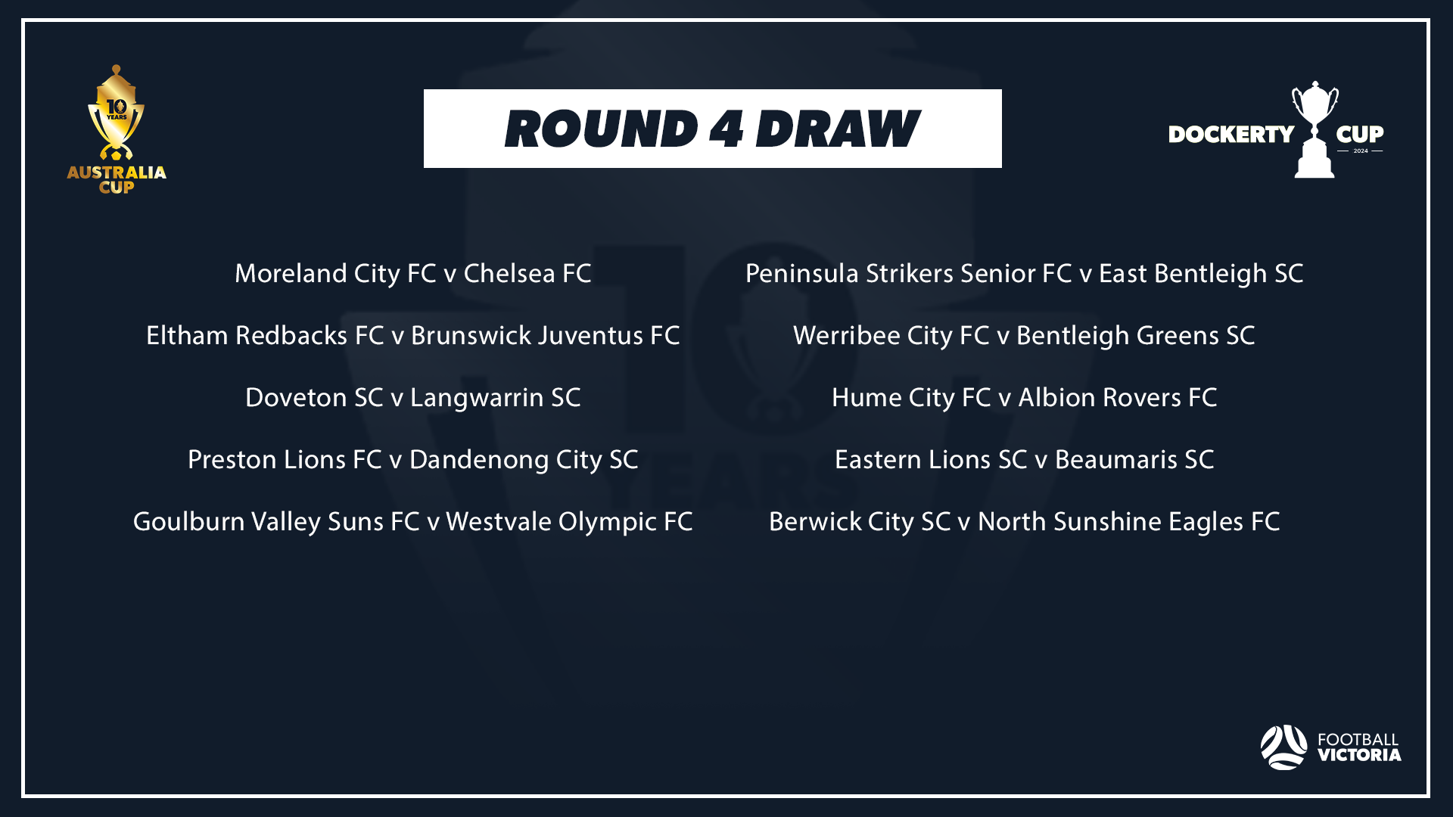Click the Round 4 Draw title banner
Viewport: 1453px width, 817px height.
pos(712,129)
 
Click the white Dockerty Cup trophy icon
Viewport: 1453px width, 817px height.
pos(1315,130)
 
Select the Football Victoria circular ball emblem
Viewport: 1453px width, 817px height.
pos(1283,747)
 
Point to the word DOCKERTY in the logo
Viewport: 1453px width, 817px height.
pos(1231,135)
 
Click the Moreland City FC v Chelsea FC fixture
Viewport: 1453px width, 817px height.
pos(412,273)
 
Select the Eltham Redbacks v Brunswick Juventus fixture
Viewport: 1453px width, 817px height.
pos(412,335)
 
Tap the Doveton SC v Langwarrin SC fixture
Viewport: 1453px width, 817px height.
pos(412,397)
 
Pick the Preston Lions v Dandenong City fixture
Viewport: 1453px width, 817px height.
pos(412,459)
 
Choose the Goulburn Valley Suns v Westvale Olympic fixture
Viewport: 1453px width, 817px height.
pos(412,521)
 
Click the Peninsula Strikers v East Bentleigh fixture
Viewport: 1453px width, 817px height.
pos(1024,273)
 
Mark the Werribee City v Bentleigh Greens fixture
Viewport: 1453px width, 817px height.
pos(1024,335)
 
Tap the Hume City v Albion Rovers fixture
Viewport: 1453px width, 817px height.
pos(1024,397)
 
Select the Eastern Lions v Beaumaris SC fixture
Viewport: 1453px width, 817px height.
pos(1024,459)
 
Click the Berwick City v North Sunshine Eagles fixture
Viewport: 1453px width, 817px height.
pos(1024,521)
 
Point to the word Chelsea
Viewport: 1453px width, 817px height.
pos(509,273)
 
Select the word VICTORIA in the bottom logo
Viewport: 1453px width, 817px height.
pos(1359,755)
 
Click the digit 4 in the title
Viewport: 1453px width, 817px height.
pos(726,129)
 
